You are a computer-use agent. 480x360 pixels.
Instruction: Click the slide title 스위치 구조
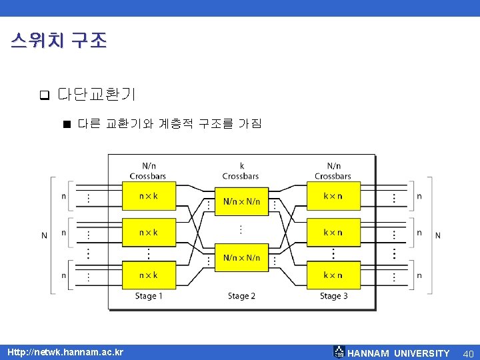click(59, 41)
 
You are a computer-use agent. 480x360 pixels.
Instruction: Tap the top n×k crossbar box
click(148, 197)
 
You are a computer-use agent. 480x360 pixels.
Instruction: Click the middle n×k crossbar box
click(148, 233)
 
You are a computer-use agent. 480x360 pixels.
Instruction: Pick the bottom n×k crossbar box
click(148, 275)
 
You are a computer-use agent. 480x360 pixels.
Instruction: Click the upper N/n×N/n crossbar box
click(241, 201)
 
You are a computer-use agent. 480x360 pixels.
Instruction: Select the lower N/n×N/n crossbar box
click(241, 257)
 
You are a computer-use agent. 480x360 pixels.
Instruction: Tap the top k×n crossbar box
click(333, 197)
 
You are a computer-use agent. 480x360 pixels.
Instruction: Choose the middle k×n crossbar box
click(333, 233)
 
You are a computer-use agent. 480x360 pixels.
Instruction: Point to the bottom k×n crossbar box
click(333, 275)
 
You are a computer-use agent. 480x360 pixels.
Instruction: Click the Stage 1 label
click(147, 296)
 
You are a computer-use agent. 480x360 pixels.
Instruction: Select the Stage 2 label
click(241, 296)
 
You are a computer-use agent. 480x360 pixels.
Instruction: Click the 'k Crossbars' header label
click(241, 171)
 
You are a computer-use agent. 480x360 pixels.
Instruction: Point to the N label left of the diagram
click(45, 235)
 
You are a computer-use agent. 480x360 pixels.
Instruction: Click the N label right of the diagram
click(438, 235)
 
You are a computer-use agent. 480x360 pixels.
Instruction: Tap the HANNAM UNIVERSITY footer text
click(399, 353)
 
